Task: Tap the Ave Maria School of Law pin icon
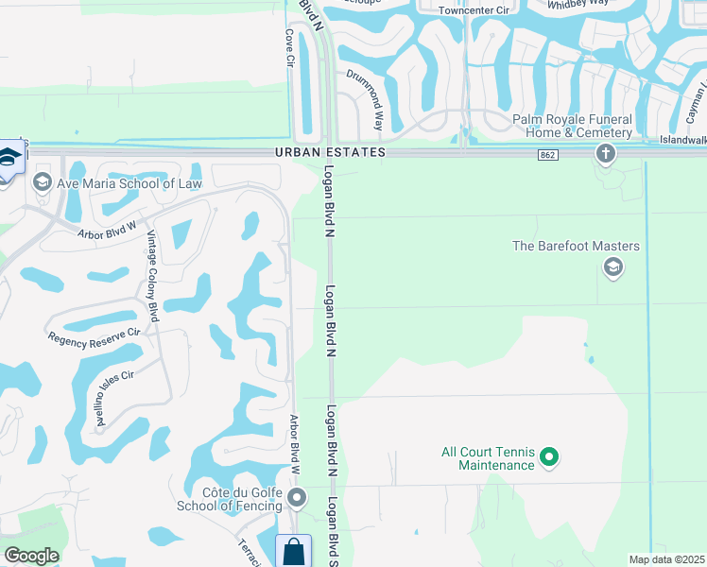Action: tap(42, 182)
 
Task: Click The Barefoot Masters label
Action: tap(576, 247)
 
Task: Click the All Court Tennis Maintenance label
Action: tap(488, 458)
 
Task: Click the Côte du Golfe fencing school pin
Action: tap(298, 498)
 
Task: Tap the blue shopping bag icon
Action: tap(294, 551)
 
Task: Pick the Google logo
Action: tap(31, 556)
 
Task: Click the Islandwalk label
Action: tap(683, 140)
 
